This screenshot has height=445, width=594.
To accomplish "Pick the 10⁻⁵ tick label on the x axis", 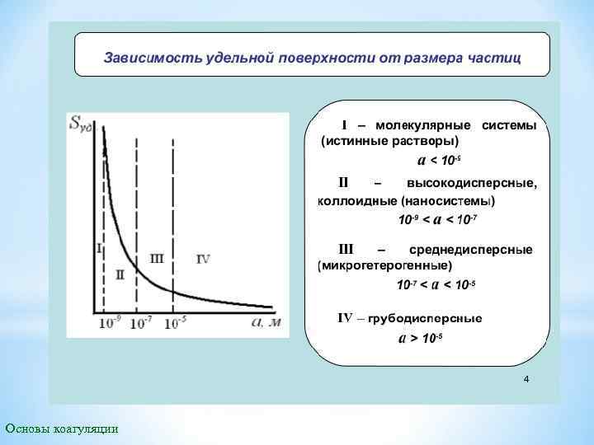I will [x=175, y=324].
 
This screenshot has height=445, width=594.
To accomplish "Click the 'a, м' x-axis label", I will [x=266, y=322].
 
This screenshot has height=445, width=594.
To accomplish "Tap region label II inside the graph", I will [x=120, y=275].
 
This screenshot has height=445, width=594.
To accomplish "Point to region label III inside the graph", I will [x=156, y=258].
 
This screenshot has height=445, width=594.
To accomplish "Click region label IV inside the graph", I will [x=203, y=259].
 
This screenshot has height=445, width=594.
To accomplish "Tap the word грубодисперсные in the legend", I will [x=425, y=318].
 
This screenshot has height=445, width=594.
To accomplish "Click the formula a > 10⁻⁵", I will [x=421, y=338].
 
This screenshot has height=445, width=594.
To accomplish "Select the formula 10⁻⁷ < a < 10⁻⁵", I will [x=436, y=285].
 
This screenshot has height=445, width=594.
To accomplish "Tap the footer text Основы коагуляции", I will [x=61, y=429].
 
